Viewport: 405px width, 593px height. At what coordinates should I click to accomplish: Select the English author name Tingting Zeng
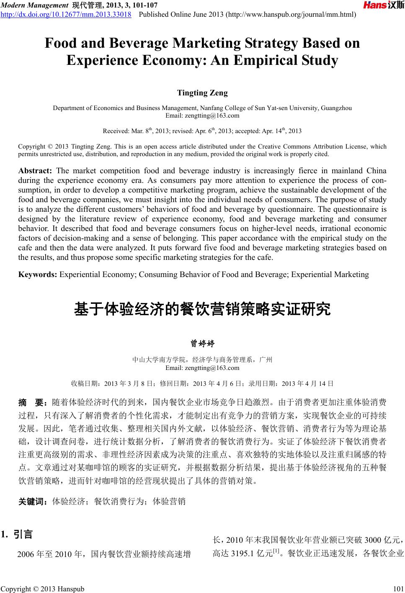tap(202, 92)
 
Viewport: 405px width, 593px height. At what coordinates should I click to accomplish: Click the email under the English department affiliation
tap(202, 116)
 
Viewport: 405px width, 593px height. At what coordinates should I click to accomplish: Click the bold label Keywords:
tap(38, 275)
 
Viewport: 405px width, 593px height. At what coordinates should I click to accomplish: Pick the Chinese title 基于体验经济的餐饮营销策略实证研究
tap(202, 310)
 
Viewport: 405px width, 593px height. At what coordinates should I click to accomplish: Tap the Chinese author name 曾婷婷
tap(202, 344)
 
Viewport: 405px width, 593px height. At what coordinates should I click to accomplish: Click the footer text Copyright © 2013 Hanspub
tap(42, 589)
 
